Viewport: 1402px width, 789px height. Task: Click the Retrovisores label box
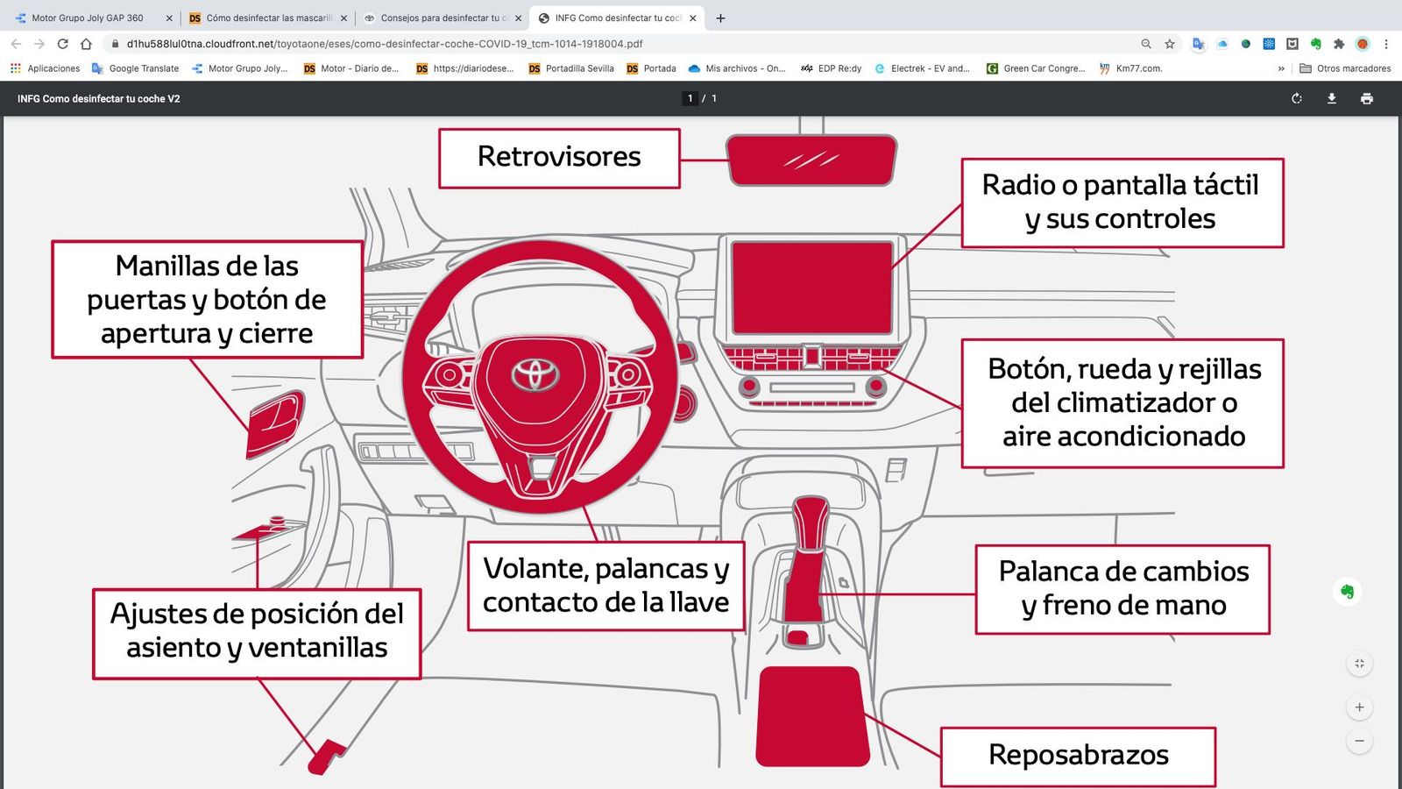pos(559,158)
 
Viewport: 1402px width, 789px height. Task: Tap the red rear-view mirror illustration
pos(811,160)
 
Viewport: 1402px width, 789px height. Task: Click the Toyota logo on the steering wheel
pos(535,374)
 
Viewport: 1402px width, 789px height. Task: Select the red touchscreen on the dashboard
pos(811,288)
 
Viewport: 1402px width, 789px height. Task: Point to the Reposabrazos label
pos(1078,755)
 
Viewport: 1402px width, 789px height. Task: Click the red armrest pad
pos(811,715)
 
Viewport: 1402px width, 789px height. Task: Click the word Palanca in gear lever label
pos(1048,572)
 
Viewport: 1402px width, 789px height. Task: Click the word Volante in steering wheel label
pos(535,569)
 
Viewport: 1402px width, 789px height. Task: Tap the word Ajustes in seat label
pos(159,614)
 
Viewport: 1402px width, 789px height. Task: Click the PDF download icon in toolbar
pos(1331,98)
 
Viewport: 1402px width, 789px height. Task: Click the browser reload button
pos(62,44)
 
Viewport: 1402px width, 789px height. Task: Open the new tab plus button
pos(720,18)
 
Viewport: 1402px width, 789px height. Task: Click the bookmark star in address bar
pos(1170,44)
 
